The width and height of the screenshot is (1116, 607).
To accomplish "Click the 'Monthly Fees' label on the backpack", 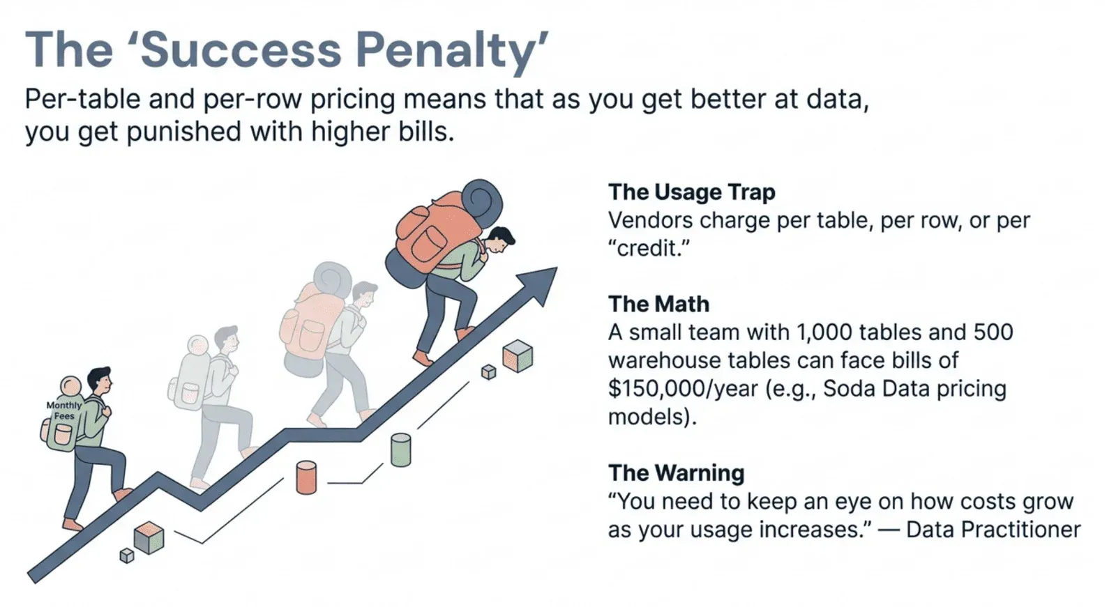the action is coord(63,410).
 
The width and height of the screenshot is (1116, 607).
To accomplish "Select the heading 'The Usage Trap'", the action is coord(691,192).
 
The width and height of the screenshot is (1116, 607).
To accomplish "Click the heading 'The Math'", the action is coord(658,304).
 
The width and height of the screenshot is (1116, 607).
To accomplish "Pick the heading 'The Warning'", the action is coord(676,472).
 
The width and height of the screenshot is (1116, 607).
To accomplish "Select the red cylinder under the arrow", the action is coord(306,477).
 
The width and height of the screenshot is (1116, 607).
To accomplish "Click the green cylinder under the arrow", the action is coord(400,450).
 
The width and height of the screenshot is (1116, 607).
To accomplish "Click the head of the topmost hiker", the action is coord(499,241).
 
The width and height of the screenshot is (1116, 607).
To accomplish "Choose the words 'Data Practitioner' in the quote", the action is coord(993,530).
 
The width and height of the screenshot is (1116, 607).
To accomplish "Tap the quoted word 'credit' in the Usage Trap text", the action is coord(649,248).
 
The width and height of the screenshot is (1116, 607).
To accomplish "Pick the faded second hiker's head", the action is coord(227,340).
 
